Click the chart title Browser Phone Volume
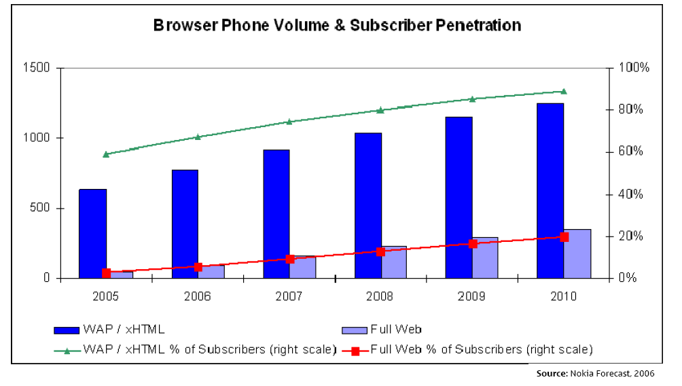[x=337, y=26]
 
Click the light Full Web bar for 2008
[x=395, y=262]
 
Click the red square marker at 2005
[x=106, y=273]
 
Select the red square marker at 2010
[x=564, y=236]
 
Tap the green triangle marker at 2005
[x=106, y=154]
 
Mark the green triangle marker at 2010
[x=564, y=91]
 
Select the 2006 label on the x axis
[x=198, y=297]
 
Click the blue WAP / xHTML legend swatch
[x=67, y=330]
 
